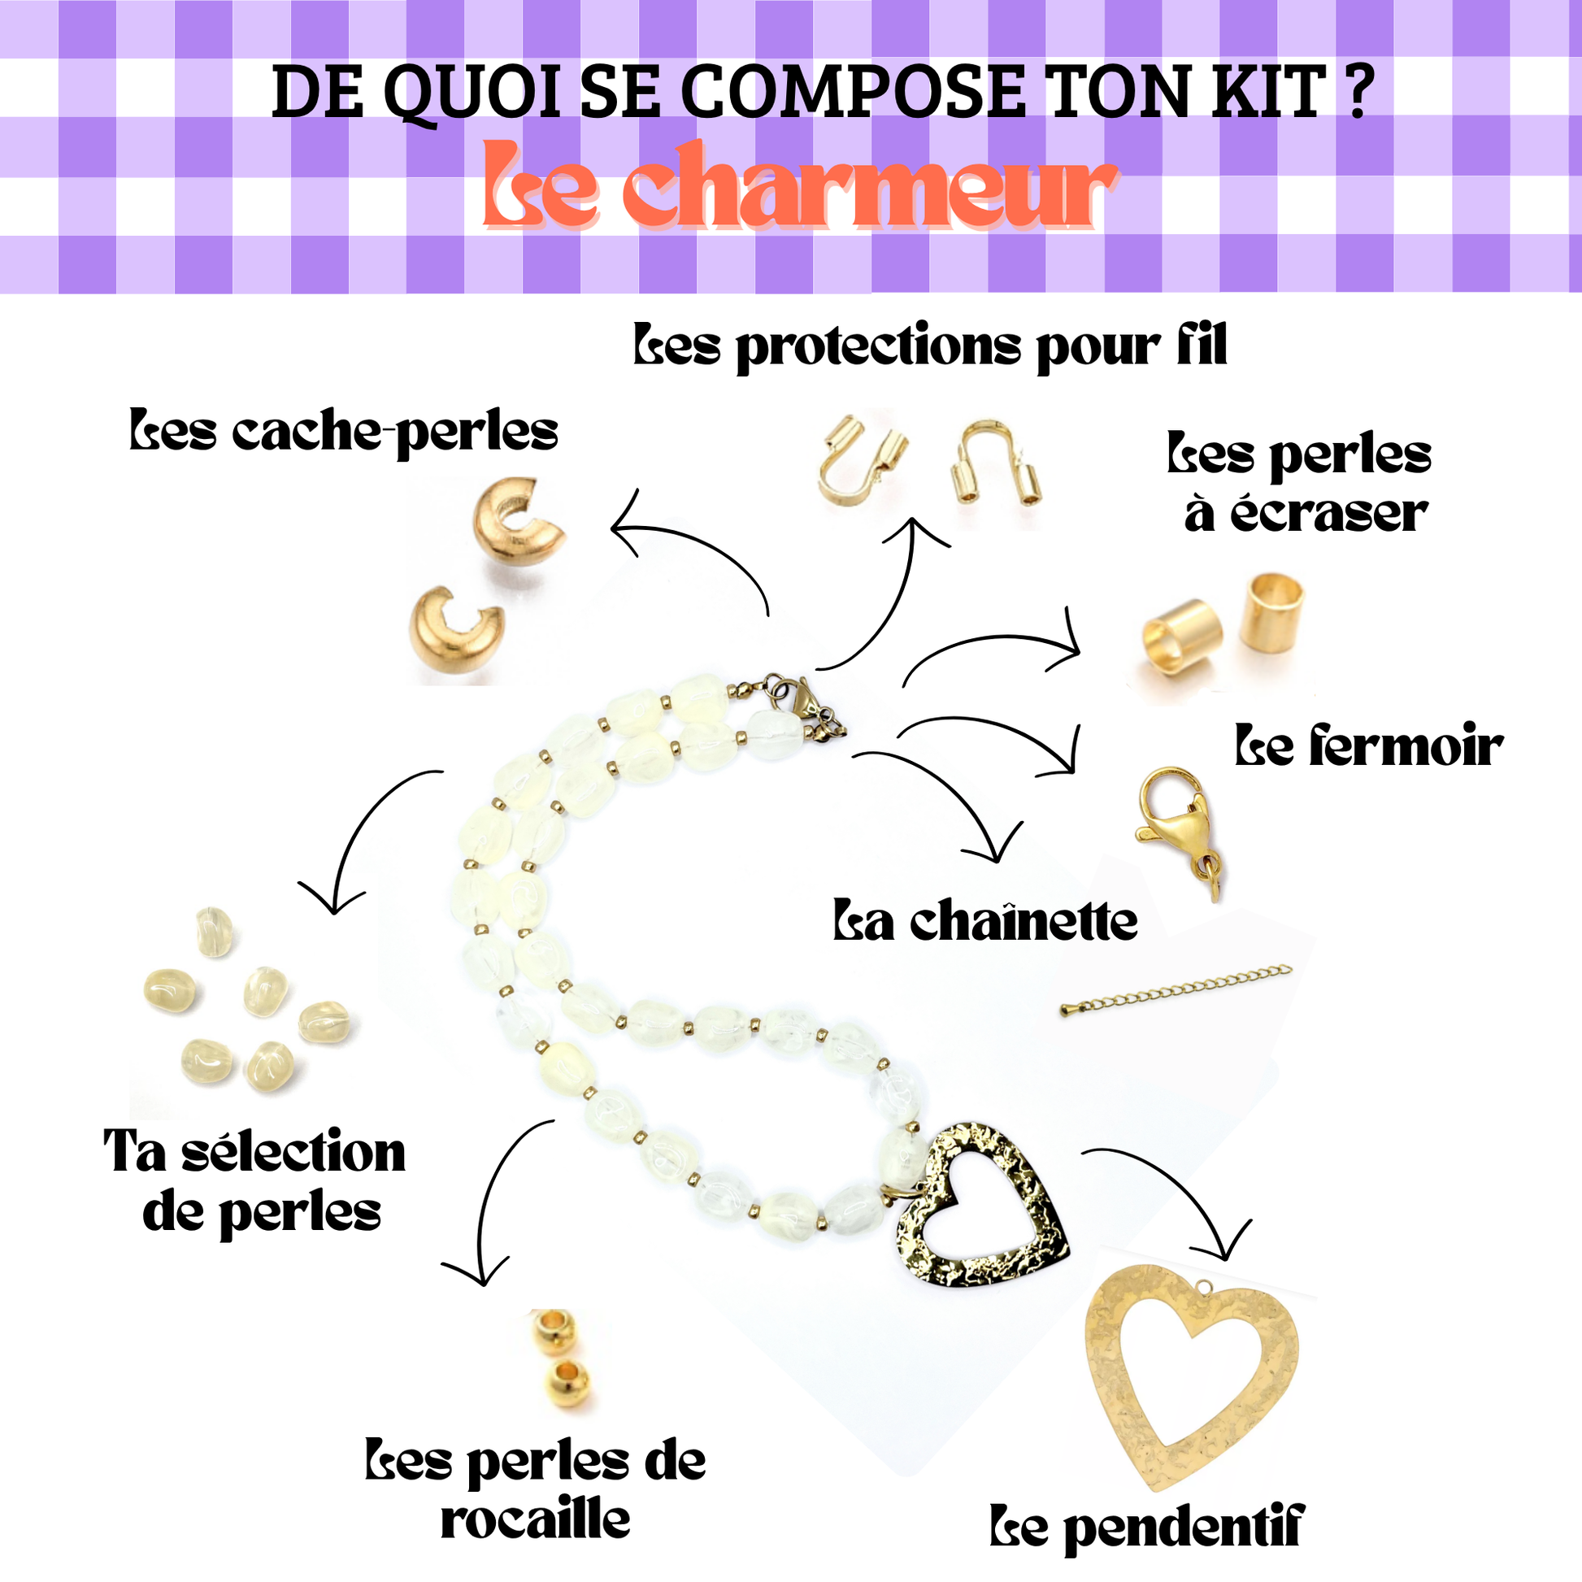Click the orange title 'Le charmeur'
[799, 187]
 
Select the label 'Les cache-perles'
[344, 432]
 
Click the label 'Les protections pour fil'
[930, 347]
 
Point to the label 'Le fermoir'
[1369, 747]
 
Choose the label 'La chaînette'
[985, 920]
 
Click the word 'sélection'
[293, 1152]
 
